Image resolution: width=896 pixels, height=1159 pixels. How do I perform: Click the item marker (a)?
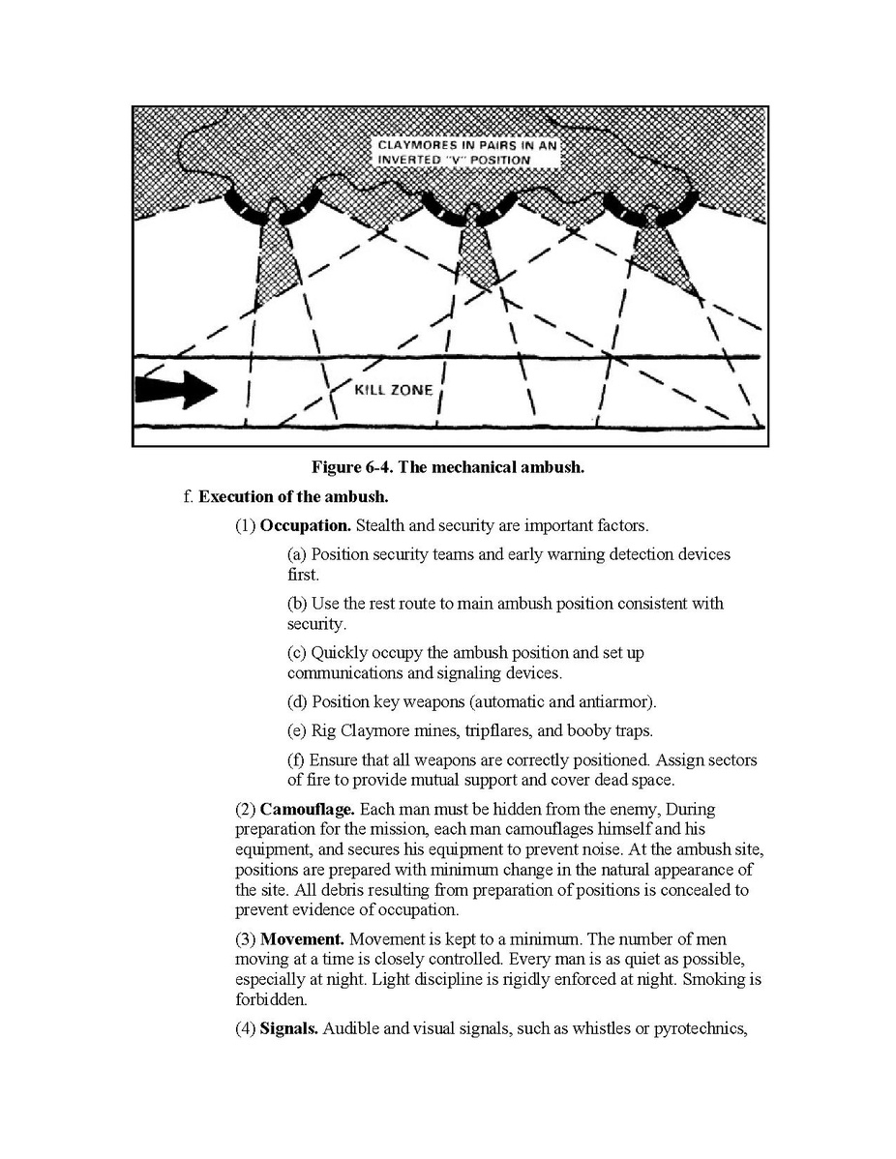297,555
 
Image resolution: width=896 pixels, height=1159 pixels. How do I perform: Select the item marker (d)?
297,701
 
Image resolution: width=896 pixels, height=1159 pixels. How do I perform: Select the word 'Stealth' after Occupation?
379,526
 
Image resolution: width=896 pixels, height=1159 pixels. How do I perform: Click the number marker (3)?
246,940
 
